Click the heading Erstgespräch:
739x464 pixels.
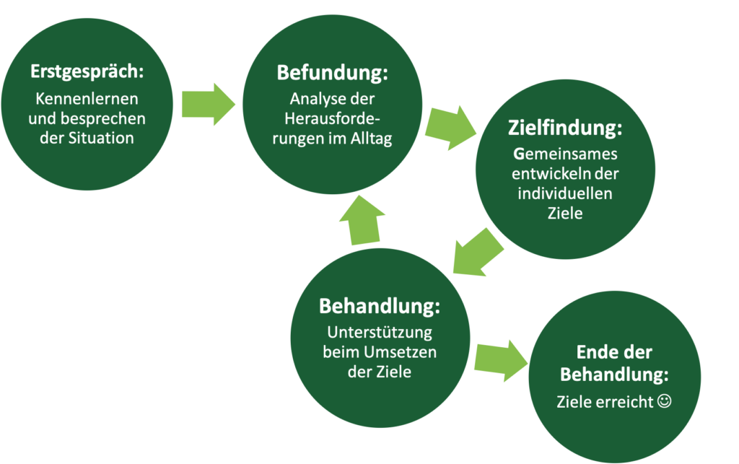coord(87,73)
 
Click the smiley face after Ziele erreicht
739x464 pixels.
coord(665,401)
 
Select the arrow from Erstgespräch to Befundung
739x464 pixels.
coord(209,104)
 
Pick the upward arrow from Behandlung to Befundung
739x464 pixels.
coord(366,220)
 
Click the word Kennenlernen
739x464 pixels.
coord(87,99)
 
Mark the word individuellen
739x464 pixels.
coord(566,194)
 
